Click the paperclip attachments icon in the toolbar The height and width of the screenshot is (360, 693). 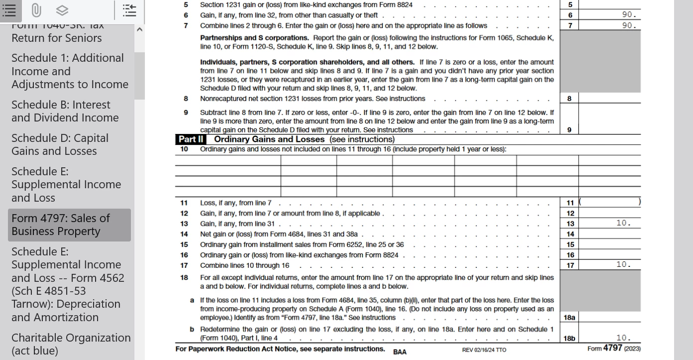(x=36, y=10)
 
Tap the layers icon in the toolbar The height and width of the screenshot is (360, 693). (x=62, y=10)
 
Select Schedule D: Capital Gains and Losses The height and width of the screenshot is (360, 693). (x=60, y=144)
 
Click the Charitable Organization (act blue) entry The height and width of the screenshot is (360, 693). (x=71, y=344)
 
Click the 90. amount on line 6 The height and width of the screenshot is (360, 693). (x=629, y=15)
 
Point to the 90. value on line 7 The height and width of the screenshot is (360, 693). (x=629, y=25)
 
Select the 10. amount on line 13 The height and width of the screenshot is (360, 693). (x=623, y=224)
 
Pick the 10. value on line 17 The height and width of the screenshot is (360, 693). (x=623, y=265)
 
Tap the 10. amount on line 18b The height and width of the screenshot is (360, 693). (x=623, y=338)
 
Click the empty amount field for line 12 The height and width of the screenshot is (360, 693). (x=609, y=213)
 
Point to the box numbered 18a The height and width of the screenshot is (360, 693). (x=569, y=318)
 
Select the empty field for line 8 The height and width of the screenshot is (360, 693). (x=609, y=99)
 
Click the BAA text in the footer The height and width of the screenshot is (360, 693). (x=399, y=352)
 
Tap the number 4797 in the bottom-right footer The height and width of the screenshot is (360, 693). (x=612, y=349)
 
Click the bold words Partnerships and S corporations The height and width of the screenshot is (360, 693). (x=254, y=38)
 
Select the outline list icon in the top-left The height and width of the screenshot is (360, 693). (x=9, y=10)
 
